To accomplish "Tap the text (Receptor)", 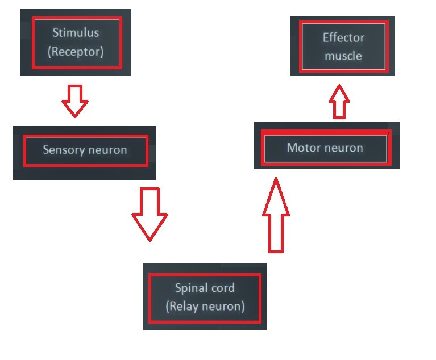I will (76, 52).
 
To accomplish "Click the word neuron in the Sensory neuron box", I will (106, 150).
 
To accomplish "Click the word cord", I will (222, 288).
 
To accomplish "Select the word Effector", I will (343, 38).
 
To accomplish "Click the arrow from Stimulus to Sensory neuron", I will (75, 101).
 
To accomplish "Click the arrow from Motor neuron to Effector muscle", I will (339, 102).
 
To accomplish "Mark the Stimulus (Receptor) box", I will (76, 43).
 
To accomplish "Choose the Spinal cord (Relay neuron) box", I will (205, 296).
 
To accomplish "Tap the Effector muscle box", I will (343, 47).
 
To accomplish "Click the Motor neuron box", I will (326, 148).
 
